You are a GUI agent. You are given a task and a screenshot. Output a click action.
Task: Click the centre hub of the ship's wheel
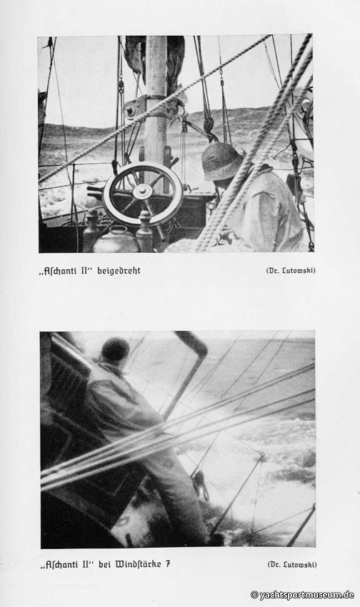(x=142, y=191)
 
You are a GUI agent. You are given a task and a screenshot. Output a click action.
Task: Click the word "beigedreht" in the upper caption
(x=119, y=271)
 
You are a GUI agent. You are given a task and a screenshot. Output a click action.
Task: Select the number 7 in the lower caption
(x=168, y=564)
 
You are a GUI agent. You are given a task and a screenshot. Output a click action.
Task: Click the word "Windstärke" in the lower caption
(x=137, y=564)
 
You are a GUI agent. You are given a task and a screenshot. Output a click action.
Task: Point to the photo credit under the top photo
(x=291, y=271)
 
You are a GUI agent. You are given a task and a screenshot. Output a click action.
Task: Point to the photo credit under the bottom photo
(x=292, y=564)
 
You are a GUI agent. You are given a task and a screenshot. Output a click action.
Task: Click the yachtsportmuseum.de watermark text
(x=302, y=595)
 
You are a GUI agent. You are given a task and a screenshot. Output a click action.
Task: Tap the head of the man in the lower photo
(x=115, y=351)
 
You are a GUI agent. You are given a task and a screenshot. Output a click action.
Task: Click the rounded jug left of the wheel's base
(x=115, y=240)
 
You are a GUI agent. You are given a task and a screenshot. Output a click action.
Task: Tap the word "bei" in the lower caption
(x=104, y=564)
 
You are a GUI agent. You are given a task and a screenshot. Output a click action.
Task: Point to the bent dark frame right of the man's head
(x=186, y=371)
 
